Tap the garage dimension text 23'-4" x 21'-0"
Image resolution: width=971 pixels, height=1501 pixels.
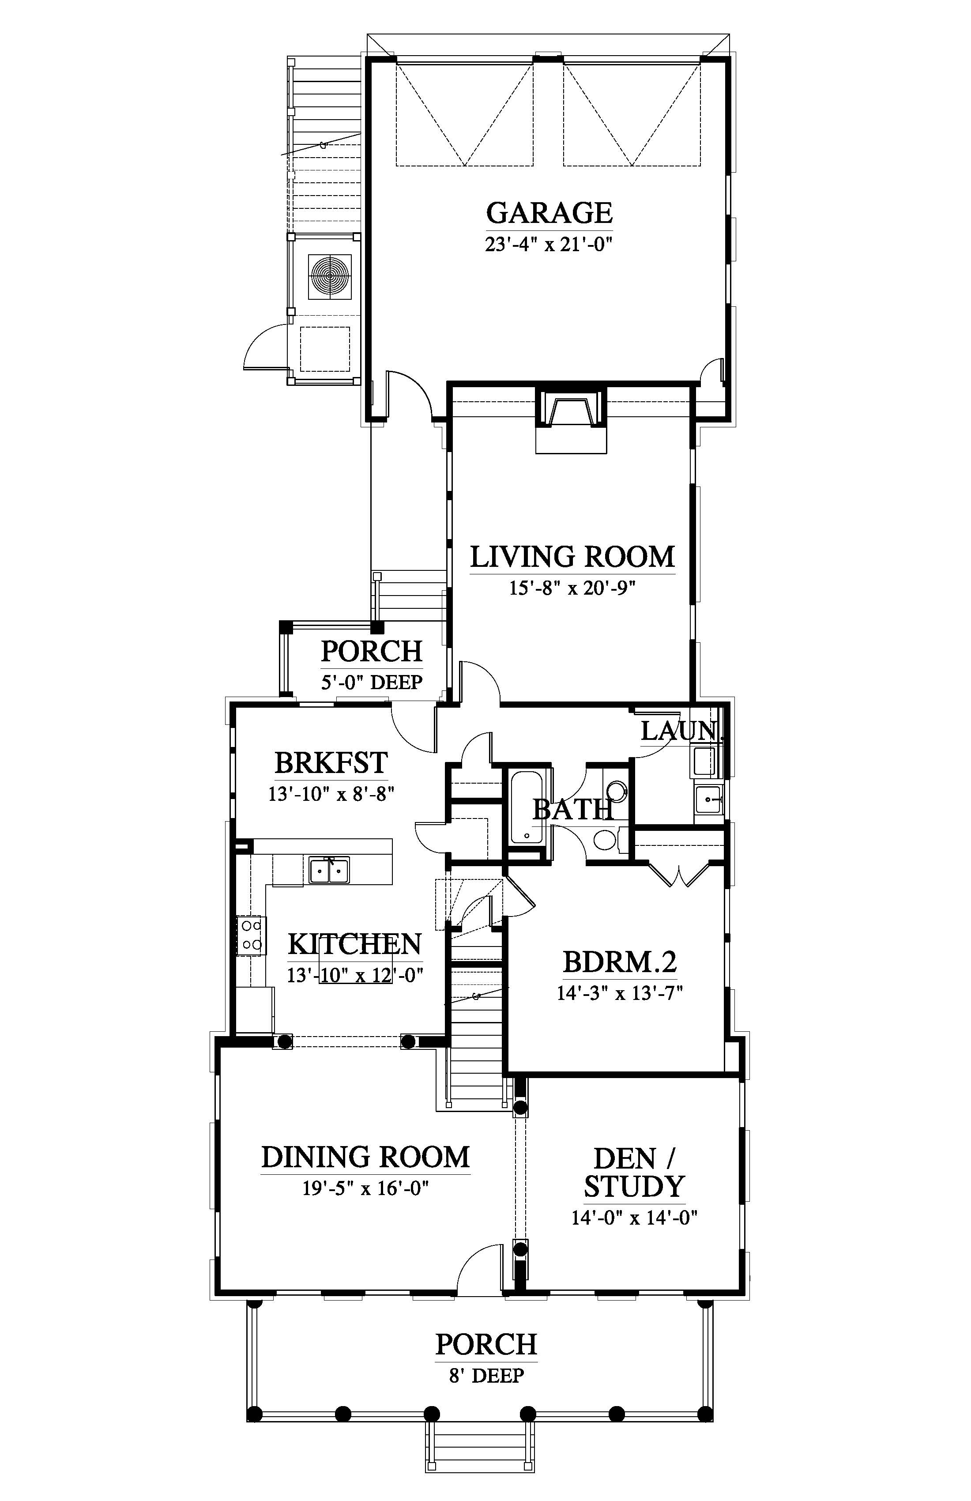coord(549,244)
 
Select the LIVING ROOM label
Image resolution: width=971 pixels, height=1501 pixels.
coord(572,557)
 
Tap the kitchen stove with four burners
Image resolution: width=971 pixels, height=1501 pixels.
coord(252,935)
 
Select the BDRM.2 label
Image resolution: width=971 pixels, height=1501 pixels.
coord(620,962)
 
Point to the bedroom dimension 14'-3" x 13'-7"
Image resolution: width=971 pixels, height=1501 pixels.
coord(620,994)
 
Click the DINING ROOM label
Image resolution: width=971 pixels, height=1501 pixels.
coord(366,1157)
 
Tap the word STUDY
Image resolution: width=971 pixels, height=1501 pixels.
coord(634,1187)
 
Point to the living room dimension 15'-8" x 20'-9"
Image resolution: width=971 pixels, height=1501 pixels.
coord(572,588)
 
